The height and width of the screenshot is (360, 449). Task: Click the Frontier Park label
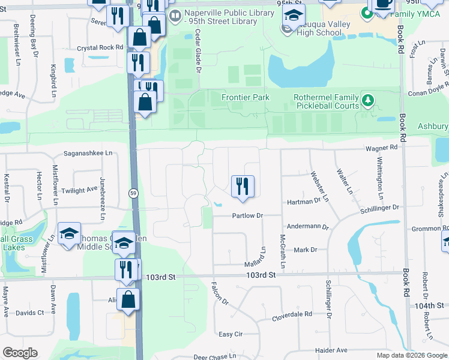[x=245, y=97]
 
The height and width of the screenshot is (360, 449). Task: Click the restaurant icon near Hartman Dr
[x=243, y=186]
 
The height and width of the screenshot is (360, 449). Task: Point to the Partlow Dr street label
[x=248, y=215]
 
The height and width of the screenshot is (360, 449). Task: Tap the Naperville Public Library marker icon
[x=175, y=17]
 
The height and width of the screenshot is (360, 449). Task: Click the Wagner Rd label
[x=381, y=147]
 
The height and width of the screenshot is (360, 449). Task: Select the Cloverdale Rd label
[x=292, y=314]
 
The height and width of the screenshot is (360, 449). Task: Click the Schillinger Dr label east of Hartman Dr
[x=379, y=207]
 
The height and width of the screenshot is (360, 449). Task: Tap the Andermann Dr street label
[x=309, y=227]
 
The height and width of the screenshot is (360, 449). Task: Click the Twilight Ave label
[x=82, y=190]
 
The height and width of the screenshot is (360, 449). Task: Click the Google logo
[x=20, y=353]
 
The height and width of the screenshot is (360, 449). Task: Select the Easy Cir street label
[x=230, y=334]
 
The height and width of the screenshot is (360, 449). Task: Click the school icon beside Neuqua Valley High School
[x=293, y=15]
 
